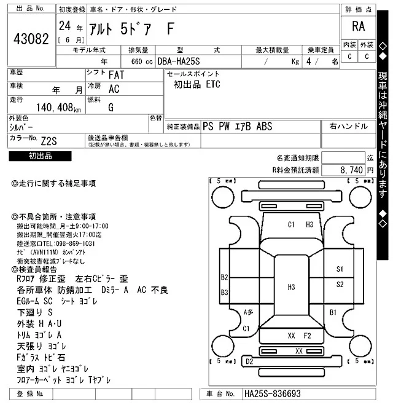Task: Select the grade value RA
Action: click(358, 26)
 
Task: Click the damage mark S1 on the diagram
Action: click(340, 269)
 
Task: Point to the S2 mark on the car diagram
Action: click(340, 285)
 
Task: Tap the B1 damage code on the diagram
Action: click(333, 313)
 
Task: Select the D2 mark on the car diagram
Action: click(249, 362)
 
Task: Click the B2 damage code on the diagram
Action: click(225, 277)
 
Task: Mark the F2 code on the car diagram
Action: click(308, 336)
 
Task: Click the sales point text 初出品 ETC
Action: click(196, 84)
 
